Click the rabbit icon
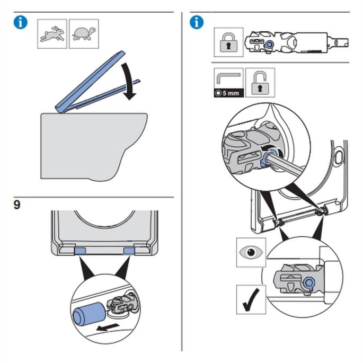(x=52, y=34)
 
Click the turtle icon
(x=84, y=34)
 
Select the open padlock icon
(x=260, y=82)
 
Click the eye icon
(x=251, y=253)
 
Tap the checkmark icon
(x=251, y=300)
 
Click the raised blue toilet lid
(x=91, y=83)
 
